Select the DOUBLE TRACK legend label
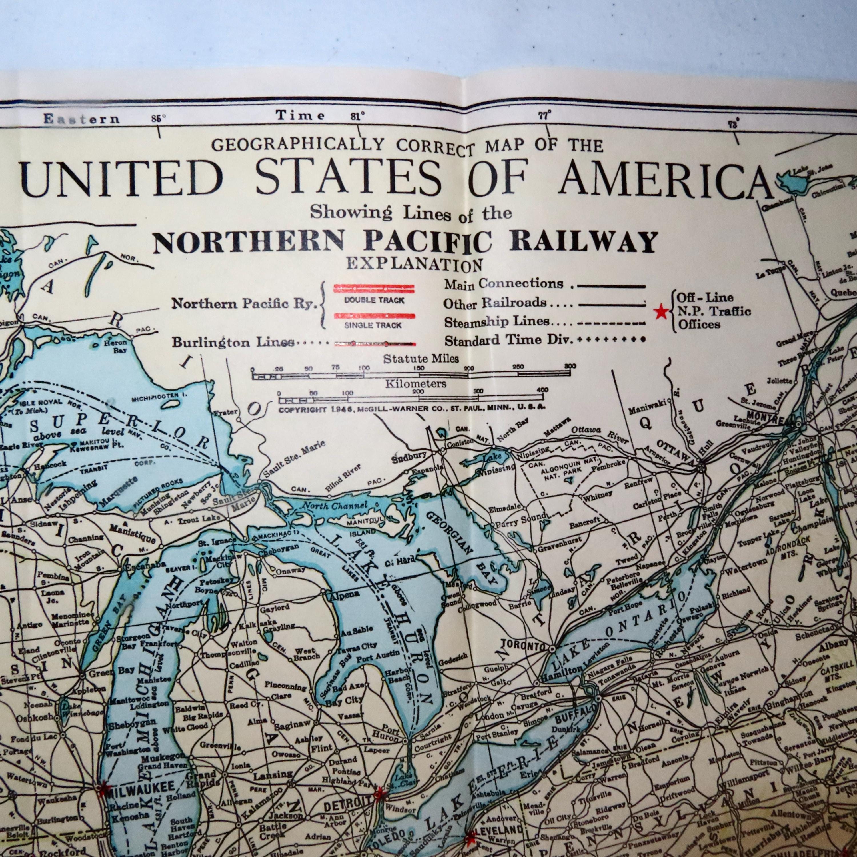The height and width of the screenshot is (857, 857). (x=375, y=300)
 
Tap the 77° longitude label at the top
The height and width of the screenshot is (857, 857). (x=545, y=116)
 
